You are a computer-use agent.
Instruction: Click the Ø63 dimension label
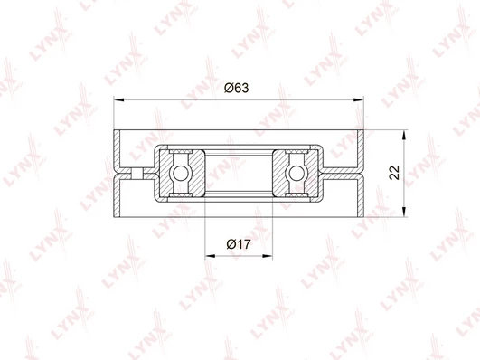tap(236, 88)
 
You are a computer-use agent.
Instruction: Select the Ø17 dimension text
tap(239, 244)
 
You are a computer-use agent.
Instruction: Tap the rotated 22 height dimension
tap(395, 173)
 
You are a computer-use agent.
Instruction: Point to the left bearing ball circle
tap(180, 173)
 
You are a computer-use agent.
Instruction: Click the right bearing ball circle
tap(296, 173)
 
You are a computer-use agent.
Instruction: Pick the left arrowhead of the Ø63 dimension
tap(118, 99)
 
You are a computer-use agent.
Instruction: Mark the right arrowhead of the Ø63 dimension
tap(359, 99)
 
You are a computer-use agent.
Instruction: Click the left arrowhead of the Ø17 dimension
tap(210, 256)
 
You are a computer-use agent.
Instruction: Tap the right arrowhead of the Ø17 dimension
tap(268, 256)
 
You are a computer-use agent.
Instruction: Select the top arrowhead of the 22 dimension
tap(404, 135)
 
